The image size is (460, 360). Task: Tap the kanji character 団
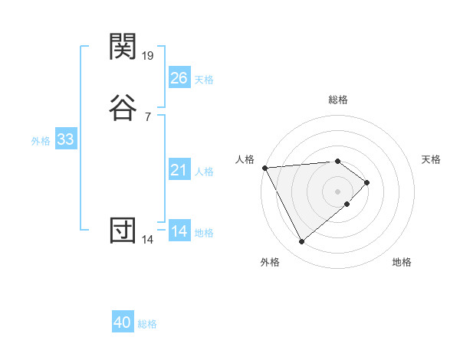[x=123, y=231]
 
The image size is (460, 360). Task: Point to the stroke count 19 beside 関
[x=148, y=55]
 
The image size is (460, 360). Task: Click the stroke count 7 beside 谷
[x=148, y=116]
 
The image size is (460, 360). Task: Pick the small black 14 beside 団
[x=148, y=240]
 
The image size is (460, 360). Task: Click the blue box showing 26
[x=179, y=78]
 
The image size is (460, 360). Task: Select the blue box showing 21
[x=179, y=170]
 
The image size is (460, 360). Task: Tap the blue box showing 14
[x=179, y=231]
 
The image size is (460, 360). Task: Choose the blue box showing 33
[x=65, y=139]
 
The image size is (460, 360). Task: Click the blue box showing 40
[x=123, y=323]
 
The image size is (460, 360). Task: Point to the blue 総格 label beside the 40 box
[x=147, y=324]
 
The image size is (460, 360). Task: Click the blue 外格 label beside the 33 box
[x=41, y=141]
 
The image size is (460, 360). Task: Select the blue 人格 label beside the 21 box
[x=204, y=172]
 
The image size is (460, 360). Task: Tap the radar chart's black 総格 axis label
[x=337, y=100]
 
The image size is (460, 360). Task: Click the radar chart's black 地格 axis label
[x=402, y=262]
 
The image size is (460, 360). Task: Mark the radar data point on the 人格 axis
[x=264, y=167]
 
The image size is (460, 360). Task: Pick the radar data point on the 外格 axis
[x=301, y=242]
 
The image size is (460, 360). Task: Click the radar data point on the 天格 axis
[x=367, y=182]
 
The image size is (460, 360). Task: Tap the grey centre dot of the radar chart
[x=337, y=191]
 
